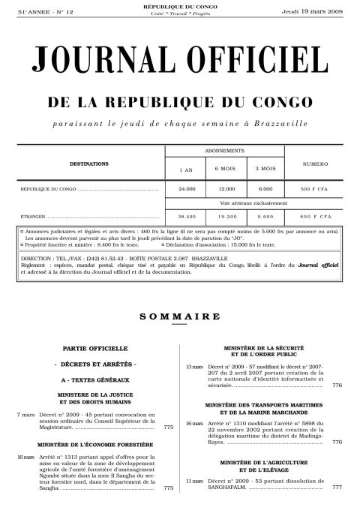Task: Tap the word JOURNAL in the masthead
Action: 101,60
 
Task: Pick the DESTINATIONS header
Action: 89,163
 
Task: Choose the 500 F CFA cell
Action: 310,189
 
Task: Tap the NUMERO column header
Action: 310,163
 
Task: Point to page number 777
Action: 337,487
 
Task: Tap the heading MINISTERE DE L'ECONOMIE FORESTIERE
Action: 91,445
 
